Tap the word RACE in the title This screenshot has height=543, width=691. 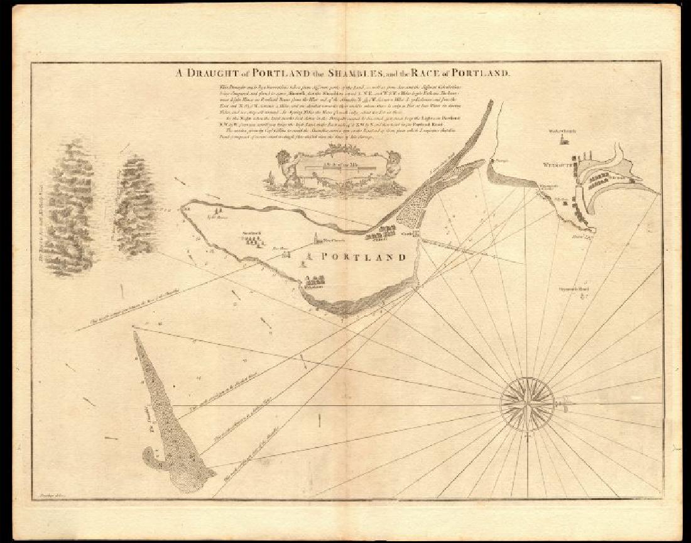point(428,73)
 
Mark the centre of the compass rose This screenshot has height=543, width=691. point(527,400)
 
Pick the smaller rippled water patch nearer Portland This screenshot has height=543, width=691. point(134,205)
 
